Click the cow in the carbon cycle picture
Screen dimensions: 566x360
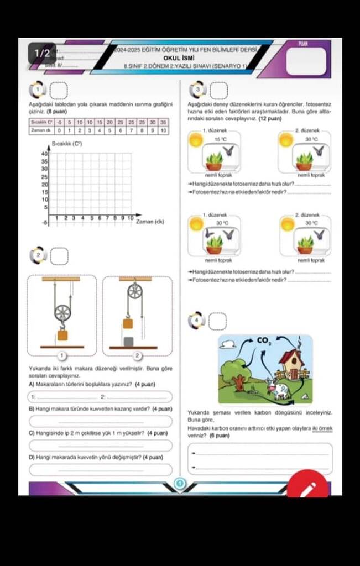tap(279, 390)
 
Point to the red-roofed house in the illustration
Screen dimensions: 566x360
tap(291, 363)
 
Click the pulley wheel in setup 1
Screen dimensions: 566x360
tap(62, 313)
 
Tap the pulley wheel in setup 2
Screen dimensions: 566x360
tap(134, 291)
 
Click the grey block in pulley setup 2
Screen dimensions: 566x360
tap(128, 342)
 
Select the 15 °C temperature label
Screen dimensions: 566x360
tap(221, 139)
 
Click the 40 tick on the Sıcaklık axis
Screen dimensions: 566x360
tap(45, 154)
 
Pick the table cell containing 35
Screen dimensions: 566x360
tap(163, 122)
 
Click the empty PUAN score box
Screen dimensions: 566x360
tap(306, 61)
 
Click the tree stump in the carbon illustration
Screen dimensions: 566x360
tap(239, 383)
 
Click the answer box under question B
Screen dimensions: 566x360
tap(101, 422)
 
